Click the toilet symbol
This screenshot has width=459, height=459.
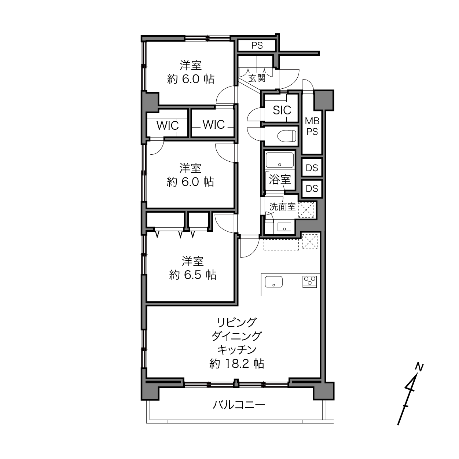tap(287, 136)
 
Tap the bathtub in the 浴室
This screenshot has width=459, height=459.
tap(280, 160)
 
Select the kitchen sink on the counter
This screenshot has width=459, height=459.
tap(274, 282)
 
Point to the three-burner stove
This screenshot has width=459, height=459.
tap(310, 282)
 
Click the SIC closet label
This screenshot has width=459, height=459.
tap(282, 110)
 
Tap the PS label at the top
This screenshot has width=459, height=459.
tap(257, 45)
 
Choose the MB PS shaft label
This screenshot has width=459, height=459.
tap(312, 126)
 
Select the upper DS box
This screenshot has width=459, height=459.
tap(312, 168)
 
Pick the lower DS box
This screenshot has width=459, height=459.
tap(312, 188)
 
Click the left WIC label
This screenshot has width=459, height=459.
tap(168, 125)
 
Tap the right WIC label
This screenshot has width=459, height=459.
tap(214, 124)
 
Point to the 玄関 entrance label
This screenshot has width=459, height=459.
tap(257, 78)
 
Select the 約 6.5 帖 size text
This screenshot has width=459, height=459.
tap(193, 275)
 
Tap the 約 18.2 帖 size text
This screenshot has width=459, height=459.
tap(236, 364)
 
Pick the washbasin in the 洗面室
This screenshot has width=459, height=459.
tap(284, 227)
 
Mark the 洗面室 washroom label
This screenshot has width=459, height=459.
tap(283, 207)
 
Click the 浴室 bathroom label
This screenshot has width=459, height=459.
tap(280, 179)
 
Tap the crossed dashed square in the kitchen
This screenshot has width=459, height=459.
tap(310, 242)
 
